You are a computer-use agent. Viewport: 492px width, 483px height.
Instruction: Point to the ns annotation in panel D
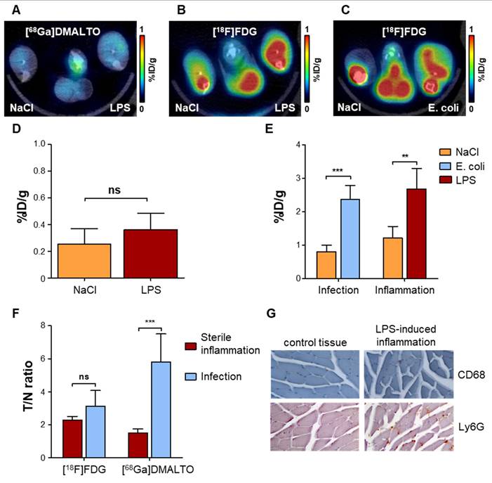click(x=124, y=188)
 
